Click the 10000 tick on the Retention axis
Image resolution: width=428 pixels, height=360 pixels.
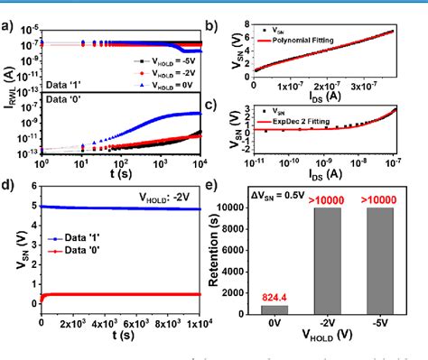point(263,208)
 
